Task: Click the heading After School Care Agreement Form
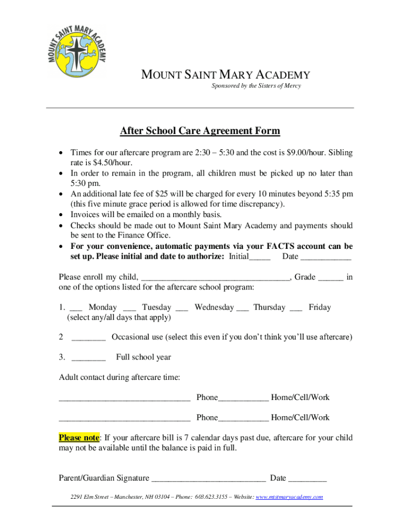tap(200, 131)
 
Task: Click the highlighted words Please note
tap(78, 437)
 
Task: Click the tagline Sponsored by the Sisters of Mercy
tap(256, 86)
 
